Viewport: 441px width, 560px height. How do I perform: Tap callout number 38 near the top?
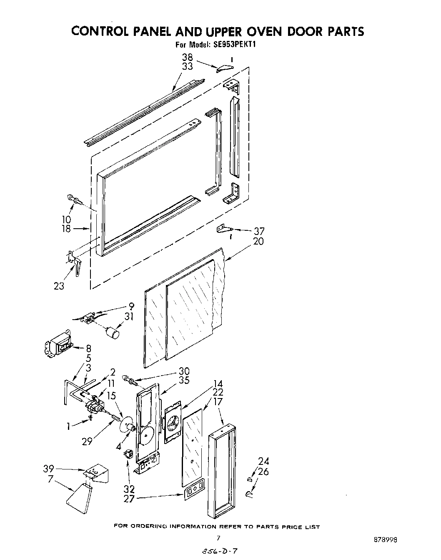pyautogui.click(x=188, y=58)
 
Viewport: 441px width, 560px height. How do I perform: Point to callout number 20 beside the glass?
pyautogui.click(x=258, y=241)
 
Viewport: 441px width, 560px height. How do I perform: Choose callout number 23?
pyautogui.click(x=59, y=286)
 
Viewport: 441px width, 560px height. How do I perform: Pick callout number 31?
pyautogui.click(x=129, y=316)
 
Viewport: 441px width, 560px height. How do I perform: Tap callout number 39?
pyautogui.click(x=49, y=469)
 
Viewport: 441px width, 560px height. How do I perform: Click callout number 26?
pyautogui.click(x=264, y=472)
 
